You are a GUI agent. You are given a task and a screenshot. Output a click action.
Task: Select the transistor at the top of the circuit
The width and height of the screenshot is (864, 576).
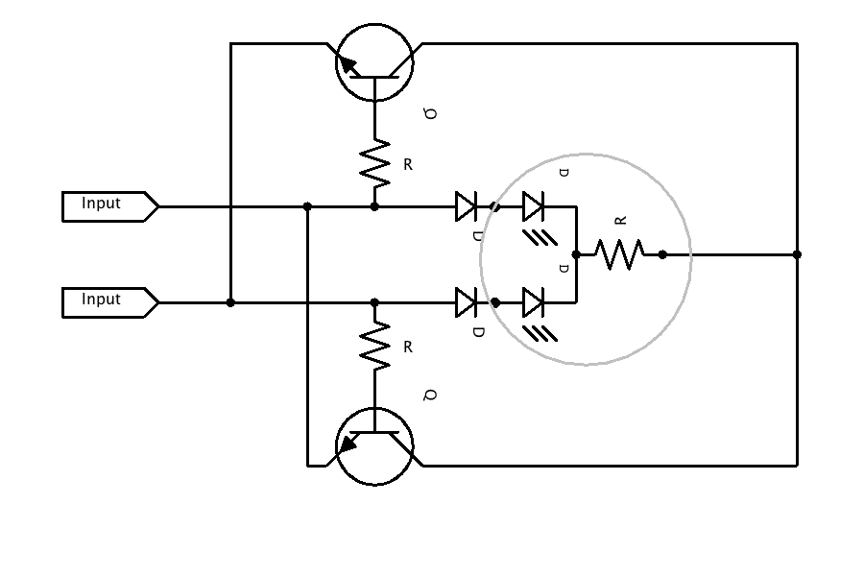point(374,63)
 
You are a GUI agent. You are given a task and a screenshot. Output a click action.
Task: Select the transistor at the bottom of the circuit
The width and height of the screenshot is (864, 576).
point(374,446)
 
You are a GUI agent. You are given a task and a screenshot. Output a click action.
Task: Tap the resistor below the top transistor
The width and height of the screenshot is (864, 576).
point(374,163)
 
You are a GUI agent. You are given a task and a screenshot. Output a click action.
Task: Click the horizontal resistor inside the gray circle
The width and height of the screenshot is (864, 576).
point(619,254)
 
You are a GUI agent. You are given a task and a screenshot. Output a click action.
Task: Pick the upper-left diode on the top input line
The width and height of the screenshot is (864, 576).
point(467,206)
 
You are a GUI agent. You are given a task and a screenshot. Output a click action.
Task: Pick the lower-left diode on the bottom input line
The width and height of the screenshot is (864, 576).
point(467,302)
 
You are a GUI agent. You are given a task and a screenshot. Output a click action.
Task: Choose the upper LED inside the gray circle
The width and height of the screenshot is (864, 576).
point(534,206)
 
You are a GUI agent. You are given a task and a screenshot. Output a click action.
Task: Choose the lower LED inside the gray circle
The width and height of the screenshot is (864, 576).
point(534,302)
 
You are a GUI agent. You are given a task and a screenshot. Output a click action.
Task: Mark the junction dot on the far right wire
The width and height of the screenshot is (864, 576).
point(797,254)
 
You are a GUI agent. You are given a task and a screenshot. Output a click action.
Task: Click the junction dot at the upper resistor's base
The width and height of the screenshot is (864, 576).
point(374,206)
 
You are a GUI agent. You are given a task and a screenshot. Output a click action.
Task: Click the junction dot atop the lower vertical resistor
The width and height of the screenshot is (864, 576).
point(374,302)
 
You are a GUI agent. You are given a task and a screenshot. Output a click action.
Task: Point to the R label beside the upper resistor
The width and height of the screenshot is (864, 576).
point(408,165)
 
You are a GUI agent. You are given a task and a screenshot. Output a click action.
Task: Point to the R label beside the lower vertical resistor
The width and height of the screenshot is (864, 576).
point(408,348)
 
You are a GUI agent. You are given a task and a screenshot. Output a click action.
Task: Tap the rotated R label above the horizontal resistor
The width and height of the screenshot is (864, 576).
point(620,220)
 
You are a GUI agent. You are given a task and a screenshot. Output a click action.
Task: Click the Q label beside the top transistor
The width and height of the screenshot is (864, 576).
point(431,113)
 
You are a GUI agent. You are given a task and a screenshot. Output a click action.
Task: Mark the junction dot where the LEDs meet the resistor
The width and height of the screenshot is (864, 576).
point(576,254)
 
